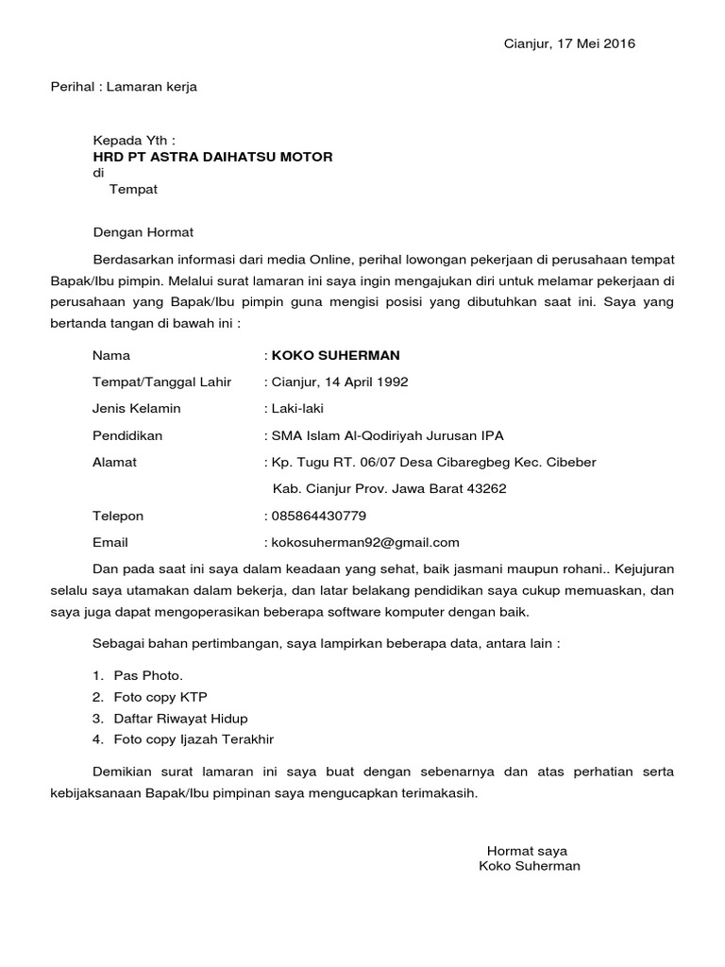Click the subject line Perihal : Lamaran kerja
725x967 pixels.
(x=124, y=87)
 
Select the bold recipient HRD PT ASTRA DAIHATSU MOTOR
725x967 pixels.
(x=212, y=156)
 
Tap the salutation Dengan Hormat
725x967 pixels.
(x=143, y=231)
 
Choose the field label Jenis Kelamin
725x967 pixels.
(x=136, y=409)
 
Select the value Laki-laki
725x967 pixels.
(x=297, y=409)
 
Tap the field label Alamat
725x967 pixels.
(x=114, y=462)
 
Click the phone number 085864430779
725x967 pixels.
(x=319, y=516)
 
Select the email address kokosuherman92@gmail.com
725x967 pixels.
(x=364, y=542)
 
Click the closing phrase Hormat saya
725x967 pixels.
(x=527, y=850)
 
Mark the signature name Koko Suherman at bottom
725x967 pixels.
(x=530, y=866)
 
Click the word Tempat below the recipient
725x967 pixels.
(x=133, y=189)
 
